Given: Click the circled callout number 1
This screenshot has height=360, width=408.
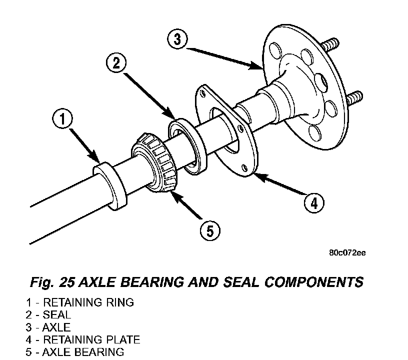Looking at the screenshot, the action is point(62,119).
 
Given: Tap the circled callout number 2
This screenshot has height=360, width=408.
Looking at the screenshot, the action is point(116,63).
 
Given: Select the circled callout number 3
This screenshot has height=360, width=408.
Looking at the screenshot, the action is point(177,39).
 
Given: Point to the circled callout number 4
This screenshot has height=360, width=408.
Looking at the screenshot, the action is point(314,203).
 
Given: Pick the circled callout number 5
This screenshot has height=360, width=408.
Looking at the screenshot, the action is point(210,230).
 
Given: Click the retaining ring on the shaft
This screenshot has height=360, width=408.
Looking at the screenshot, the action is point(110,186).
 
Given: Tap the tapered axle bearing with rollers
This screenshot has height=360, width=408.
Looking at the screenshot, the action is point(154,163).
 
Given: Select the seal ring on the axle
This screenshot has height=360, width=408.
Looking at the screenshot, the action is point(187,146).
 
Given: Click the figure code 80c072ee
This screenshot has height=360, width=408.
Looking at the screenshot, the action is point(347,252).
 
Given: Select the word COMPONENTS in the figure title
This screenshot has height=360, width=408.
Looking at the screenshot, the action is point(314,282).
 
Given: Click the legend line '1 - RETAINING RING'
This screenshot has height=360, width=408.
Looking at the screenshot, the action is point(80,302).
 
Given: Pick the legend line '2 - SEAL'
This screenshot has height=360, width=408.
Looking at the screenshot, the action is point(48,314).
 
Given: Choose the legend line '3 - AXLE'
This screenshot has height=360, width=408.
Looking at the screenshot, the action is point(48,327).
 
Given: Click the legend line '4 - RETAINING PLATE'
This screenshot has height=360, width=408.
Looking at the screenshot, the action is point(82,339).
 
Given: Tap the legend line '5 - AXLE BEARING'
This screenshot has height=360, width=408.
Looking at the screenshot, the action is point(75,352).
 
